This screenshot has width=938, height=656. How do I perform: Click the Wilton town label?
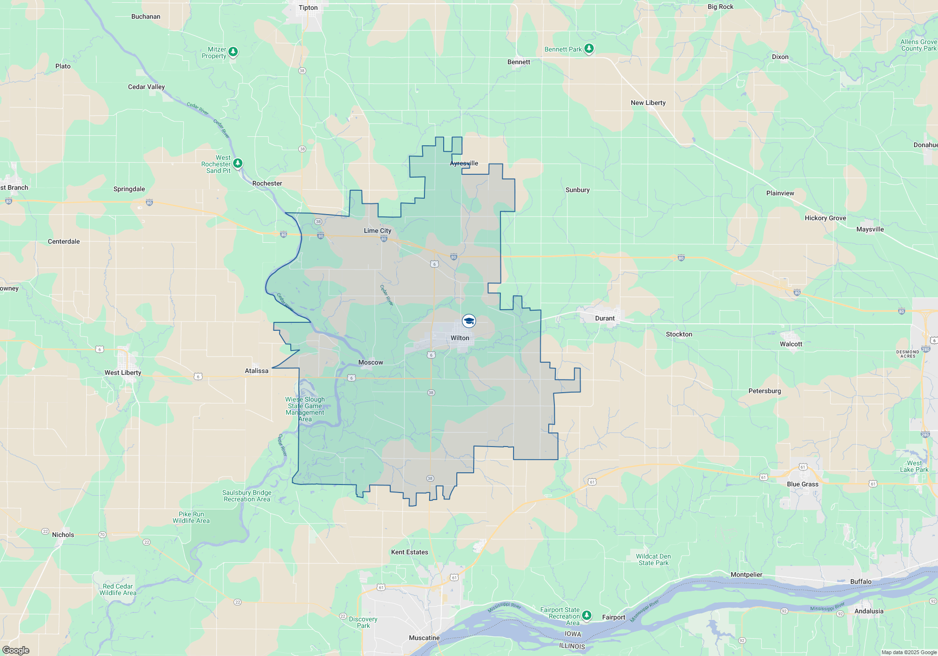point(460,338)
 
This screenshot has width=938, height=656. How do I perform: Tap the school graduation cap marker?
point(469,321)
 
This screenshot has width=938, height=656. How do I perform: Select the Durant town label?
point(605,318)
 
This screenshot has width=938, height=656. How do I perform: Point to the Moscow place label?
point(371,362)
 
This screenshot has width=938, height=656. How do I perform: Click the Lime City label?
point(378,231)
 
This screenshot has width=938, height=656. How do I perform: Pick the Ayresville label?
point(464,163)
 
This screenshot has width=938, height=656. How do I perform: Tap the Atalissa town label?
point(257,371)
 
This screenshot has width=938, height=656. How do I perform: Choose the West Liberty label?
point(123,373)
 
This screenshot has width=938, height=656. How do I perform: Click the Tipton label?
point(308,7)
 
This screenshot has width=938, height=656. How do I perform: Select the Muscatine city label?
point(424,638)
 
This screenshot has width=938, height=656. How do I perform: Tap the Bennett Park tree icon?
point(589,49)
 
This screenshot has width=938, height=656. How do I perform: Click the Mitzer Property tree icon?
point(233,52)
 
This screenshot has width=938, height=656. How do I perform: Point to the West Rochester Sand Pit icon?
point(238,163)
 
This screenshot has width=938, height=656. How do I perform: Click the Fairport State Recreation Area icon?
point(587,615)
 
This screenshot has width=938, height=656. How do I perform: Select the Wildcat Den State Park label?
point(653,559)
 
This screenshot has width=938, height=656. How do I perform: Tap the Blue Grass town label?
point(802,484)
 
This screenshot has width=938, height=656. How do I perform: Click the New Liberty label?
point(648,103)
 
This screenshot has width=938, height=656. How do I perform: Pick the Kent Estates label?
point(409,552)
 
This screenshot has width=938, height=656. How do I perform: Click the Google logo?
point(16,650)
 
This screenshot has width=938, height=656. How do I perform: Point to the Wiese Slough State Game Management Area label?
point(305,409)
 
